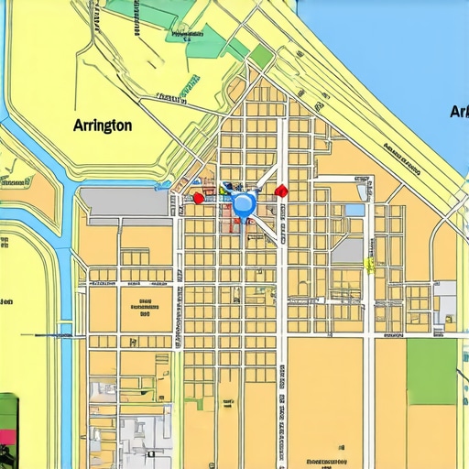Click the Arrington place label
click(x=102, y=125)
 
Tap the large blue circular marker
click(x=244, y=203)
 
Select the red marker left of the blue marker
click(x=198, y=197)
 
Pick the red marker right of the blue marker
click(x=281, y=191)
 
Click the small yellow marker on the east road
click(x=369, y=265)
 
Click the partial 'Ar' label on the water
click(x=459, y=112)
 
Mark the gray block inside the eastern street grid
click(x=347, y=250)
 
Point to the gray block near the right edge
click(x=446, y=302)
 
